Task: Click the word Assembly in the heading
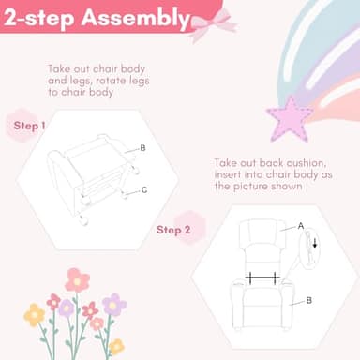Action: coord(135,18)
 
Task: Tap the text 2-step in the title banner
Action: coord(38,19)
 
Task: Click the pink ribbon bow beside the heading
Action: coord(213,23)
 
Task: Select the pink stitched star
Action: coord(291,119)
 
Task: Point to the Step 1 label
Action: coord(29,126)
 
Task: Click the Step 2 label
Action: coord(173,230)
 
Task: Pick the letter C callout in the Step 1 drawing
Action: coord(144,189)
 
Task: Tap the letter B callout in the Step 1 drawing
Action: coord(142,148)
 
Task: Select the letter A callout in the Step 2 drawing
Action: coord(301,226)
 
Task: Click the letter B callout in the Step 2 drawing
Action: coord(309,300)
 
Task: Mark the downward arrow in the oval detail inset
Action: coord(315,243)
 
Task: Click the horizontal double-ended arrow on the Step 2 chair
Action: coord(262,277)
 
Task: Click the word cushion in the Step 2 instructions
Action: coord(307,163)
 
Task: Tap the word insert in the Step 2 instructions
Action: coord(228,174)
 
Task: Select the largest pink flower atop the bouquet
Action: coord(77,280)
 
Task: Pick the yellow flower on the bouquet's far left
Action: coord(35,315)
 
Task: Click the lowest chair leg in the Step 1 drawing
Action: coord(83,220)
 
